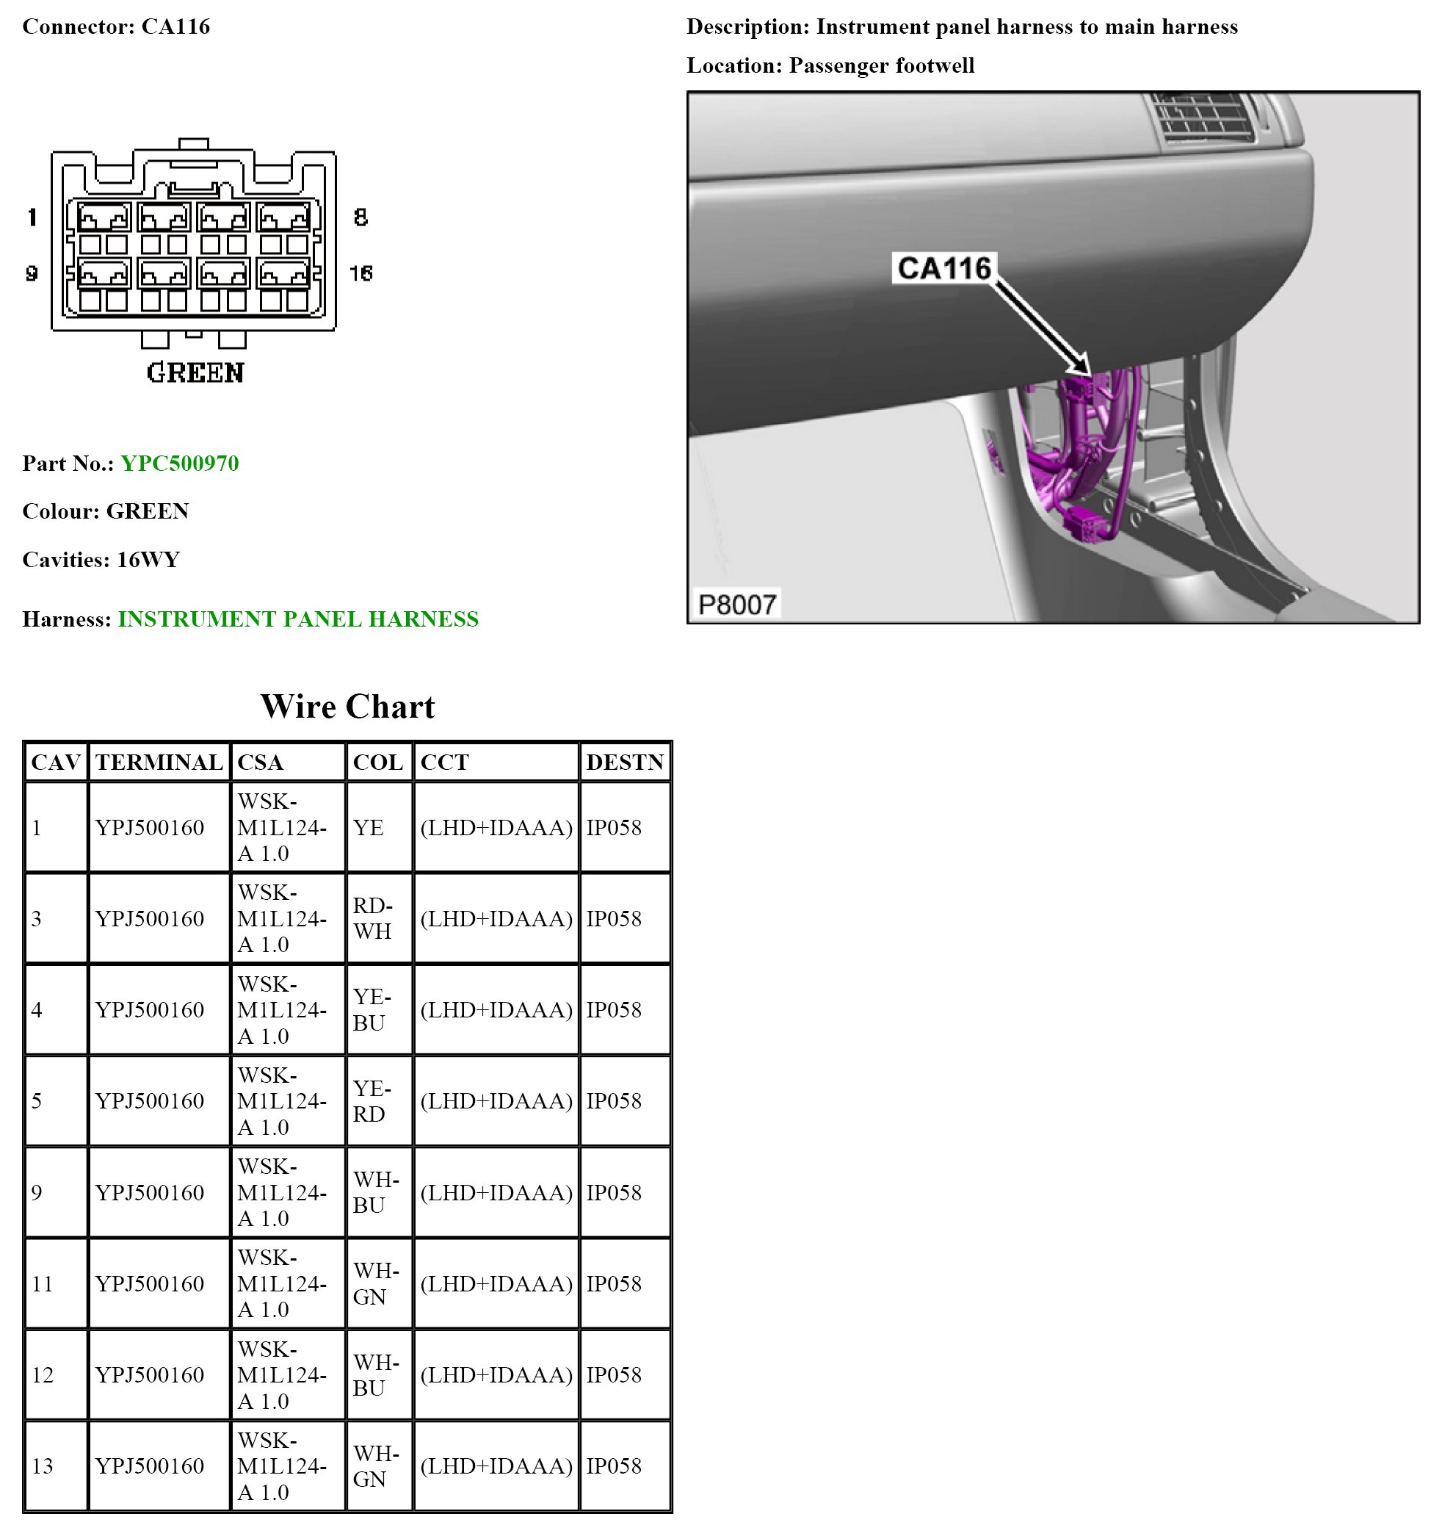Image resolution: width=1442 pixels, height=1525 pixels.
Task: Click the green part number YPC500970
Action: click(179, 463)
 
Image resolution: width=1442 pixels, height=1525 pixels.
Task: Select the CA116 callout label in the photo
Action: click(944, 268)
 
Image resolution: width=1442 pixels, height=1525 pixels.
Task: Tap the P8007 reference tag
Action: click(736, 605)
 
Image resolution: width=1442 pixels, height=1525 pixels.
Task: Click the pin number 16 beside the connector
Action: click(360, 273)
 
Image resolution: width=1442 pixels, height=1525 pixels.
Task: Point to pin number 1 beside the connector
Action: click(32, 217)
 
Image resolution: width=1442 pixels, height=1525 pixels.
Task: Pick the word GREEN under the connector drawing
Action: click(195, 373)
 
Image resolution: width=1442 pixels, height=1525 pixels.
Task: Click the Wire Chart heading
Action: click(347, 706)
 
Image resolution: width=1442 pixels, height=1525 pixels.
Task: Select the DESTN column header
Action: click(624, 762)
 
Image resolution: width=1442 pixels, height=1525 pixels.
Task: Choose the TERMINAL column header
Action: click(159, 762)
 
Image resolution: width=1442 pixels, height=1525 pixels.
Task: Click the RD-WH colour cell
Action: click(373, 918)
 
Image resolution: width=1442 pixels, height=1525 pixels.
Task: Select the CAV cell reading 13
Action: click(43, 1465)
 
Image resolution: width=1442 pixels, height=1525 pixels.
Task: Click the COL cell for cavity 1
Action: click(368, 827)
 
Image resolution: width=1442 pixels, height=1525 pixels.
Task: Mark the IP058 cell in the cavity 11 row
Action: click(613, 1283)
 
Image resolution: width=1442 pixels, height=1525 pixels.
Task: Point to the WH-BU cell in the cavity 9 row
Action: click(376, 1192)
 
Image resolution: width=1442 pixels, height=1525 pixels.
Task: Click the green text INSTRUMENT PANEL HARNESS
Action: click(298, 619)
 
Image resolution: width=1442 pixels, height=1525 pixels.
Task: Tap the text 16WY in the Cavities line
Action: click(148, 560)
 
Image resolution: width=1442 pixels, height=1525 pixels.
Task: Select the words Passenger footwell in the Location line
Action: click(882, 65)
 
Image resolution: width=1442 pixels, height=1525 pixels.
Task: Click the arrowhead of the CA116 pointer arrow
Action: click(1081, 366)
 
